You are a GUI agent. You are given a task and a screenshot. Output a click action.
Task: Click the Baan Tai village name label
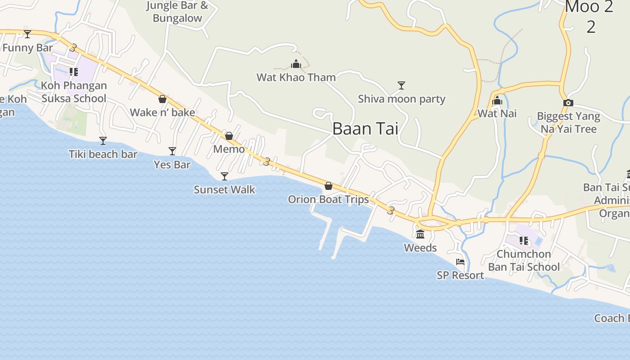365,129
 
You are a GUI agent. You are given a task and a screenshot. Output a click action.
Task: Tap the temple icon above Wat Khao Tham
296,64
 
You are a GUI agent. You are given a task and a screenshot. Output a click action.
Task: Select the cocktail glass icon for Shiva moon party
401,85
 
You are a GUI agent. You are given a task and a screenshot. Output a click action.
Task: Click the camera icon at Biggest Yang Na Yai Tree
568,103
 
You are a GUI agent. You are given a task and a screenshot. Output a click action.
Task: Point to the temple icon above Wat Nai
497,100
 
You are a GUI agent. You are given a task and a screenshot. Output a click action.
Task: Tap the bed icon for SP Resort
460,262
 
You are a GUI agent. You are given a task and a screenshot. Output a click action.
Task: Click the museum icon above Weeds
420,234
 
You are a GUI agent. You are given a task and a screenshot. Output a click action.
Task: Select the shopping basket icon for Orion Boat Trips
328,186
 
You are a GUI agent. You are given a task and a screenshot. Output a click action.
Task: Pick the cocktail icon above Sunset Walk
225,176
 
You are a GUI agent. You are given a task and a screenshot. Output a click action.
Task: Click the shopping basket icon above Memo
229,135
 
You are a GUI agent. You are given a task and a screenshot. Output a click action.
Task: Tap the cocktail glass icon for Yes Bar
172,151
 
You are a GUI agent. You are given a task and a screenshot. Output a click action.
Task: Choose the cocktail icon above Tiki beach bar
103,141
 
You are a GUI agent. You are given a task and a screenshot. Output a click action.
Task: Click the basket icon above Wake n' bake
162,99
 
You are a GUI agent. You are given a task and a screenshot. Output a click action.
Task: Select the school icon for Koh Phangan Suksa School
74,72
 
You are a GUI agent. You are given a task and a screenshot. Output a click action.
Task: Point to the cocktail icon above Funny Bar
27,34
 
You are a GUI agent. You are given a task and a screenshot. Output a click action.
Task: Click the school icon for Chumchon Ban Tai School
524,241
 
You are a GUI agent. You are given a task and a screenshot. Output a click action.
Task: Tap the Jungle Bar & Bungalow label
177,12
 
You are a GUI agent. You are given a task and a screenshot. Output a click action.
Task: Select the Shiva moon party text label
401,99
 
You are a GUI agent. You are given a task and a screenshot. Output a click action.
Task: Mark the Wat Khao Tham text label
296,77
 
